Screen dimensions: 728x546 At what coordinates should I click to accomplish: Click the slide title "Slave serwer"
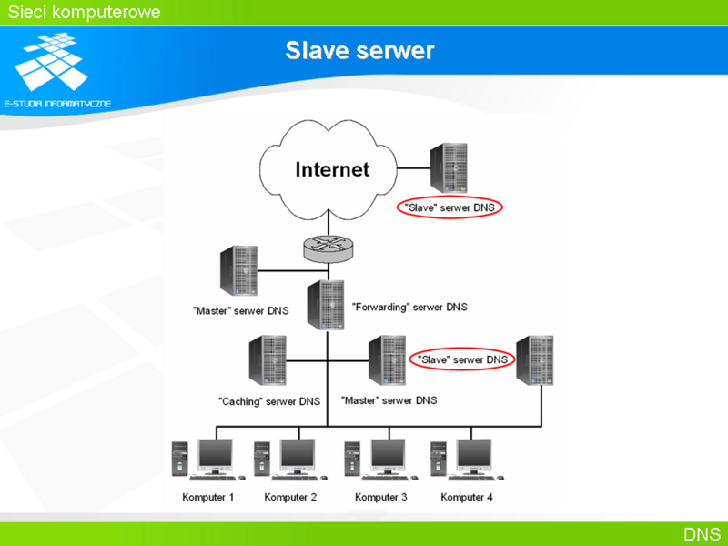[359, 50]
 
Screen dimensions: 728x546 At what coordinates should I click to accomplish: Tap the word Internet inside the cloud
[332, 169]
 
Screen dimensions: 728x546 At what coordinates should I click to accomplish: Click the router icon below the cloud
[329, 248]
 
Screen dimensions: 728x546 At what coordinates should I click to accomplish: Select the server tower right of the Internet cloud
[449, 167]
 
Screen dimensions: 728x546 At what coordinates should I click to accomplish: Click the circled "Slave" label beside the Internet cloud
[450, 207]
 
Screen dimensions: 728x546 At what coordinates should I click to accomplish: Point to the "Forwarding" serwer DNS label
[409, 307]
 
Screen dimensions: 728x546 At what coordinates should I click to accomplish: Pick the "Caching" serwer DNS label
[269, 401]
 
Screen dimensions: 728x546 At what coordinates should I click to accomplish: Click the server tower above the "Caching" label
[268, 360]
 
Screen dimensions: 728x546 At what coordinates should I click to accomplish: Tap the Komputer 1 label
[208, 497]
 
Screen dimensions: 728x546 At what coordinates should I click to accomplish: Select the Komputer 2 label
[290, 497]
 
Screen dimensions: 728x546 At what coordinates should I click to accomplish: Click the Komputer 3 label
[380, 497]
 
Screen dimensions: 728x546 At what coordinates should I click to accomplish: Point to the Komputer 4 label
[467, 497]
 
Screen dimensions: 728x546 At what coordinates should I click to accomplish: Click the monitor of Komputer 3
[389, 457]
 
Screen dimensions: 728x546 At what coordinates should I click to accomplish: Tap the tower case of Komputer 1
[179, 459]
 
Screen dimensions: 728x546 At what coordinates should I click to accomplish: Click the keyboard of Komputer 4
[473, 478]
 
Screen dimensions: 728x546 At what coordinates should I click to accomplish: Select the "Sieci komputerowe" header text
[84, 12]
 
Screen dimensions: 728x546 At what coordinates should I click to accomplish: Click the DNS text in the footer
[702, 534]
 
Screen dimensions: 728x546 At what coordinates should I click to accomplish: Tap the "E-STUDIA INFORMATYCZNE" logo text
[57, 104]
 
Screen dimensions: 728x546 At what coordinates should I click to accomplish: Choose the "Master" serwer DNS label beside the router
[240, 310]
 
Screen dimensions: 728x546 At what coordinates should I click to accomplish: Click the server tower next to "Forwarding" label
[326, 305]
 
